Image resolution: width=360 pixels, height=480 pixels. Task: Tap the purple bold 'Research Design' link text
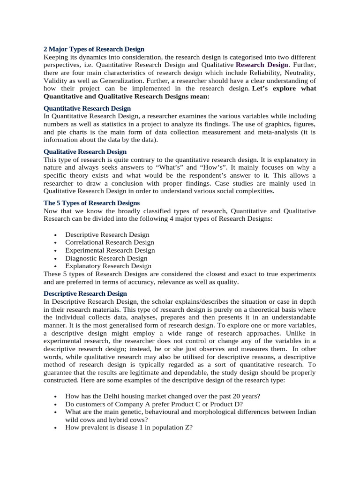[262, 65]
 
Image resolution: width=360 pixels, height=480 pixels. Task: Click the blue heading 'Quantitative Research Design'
[87, 108]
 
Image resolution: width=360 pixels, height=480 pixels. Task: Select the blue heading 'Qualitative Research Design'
[85, 152]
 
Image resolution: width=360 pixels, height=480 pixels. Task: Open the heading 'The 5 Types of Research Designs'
[91, 203]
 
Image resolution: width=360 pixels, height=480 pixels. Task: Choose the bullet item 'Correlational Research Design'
[110, 242]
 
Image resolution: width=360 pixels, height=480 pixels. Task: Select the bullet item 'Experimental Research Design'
[110, 250]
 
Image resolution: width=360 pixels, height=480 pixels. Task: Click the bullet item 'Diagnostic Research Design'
[106, 258]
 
